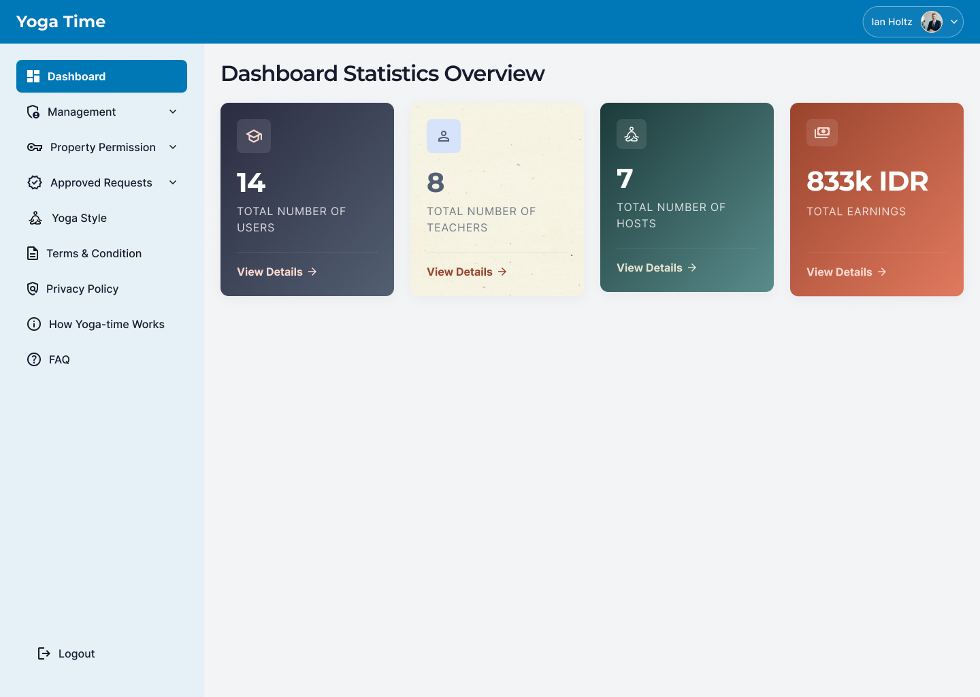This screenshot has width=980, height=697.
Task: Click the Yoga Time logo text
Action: (x=61, y=22)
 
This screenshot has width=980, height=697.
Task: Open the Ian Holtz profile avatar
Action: (x=932, y=22)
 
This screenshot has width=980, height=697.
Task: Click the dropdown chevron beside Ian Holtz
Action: (x=954, y=22)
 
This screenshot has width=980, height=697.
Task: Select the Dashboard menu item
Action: (x=101, y=76)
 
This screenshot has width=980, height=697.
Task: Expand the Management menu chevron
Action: (x=173, y=112)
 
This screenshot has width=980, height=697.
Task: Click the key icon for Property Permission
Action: (x=35, y=147)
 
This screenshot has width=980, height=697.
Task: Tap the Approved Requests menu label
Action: (x=101, y=182)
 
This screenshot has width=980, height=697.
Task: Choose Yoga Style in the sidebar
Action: (x=79, y=218)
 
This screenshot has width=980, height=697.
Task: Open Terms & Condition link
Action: (x=94, y=253)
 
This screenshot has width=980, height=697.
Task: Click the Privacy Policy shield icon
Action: (x=33, y=289)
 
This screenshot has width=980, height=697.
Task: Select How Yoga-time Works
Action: (x=106, y=324)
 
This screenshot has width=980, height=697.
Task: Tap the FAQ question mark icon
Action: (x=34, y=359)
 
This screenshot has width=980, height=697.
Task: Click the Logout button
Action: (x=66, y=653)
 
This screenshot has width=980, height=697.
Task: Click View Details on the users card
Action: (x=276, y=272)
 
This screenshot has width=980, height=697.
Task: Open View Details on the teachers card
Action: (x=466, y=272)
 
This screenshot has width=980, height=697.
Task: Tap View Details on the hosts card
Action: (x=656, y=268)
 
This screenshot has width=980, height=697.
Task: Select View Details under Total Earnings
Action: (x=846, y=272)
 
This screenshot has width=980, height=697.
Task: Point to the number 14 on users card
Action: (x=251, y=182)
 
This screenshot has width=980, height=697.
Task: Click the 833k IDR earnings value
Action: (x=867, y=182)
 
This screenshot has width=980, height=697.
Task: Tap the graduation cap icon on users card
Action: (x=254, y=136)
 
